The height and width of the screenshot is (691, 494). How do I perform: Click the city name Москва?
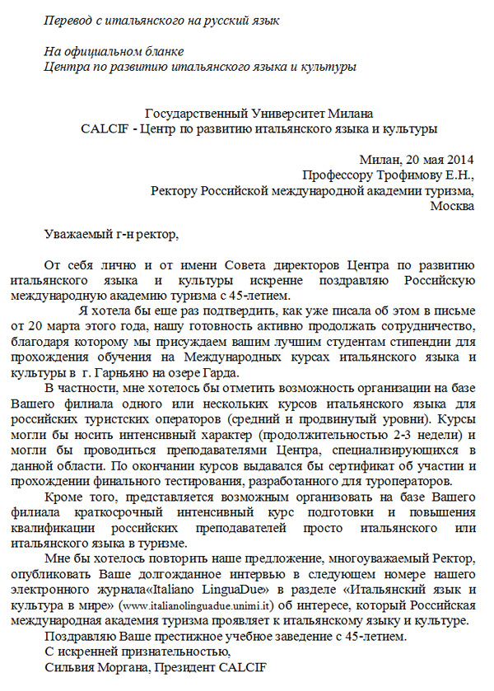pos(453,206)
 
